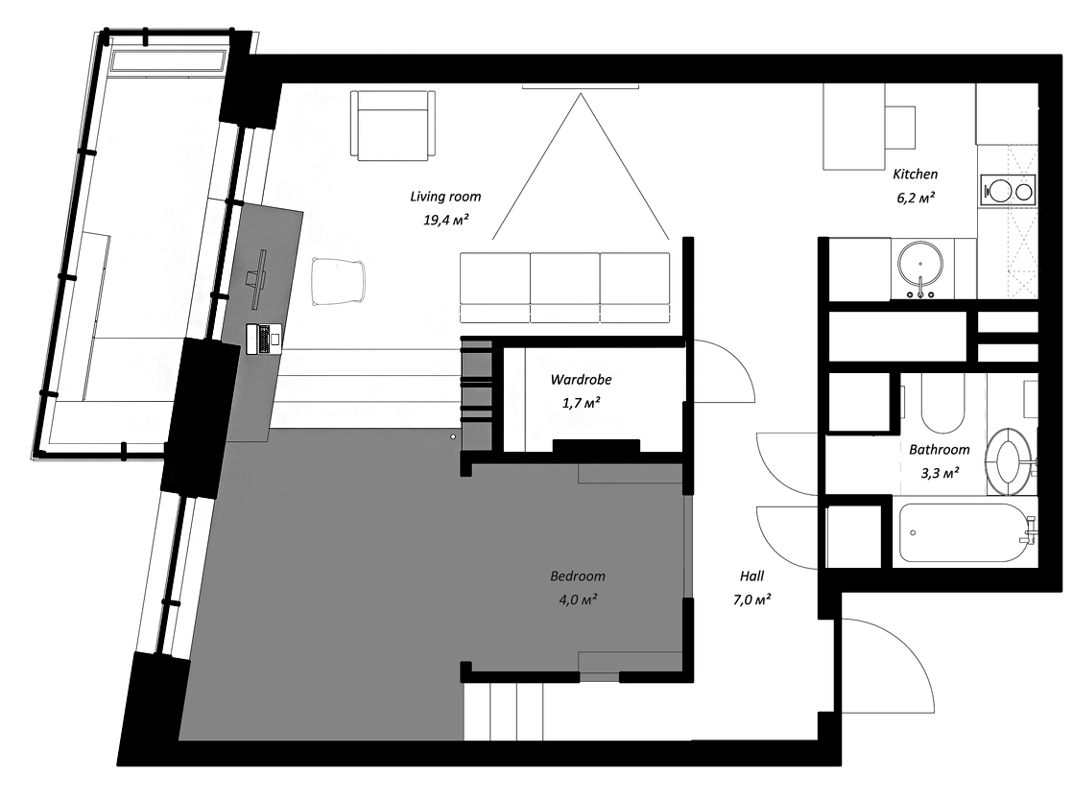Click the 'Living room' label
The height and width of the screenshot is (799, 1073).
coord(445,197)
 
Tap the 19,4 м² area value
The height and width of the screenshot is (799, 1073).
coord(445,221)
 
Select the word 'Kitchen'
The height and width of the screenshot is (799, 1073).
coord(915,175)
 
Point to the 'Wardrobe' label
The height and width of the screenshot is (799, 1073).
coord(581,380)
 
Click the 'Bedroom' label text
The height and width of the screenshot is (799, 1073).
coord(578,576)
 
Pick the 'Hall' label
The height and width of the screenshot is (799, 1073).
coord(751,576)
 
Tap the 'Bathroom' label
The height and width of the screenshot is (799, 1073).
coord(939,450)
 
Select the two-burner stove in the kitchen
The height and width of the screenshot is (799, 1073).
coord(1008,191)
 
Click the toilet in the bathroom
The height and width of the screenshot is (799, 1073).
coord(1011,460)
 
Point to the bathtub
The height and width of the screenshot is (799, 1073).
coord(965,533)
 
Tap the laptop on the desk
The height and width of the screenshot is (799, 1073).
coord(264,339)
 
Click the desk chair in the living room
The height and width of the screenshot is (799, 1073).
coord(338,280)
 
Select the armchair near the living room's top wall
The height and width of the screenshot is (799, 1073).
coord(393,126)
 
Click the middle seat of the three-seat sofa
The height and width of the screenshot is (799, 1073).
coord(565,288)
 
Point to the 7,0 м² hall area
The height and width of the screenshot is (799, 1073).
coord(752,599)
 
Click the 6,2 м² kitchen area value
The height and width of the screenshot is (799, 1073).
coord(916,199)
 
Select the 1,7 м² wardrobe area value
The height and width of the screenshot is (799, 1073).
coord(581,403)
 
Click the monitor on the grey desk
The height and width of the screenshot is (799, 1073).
coord(259,279)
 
